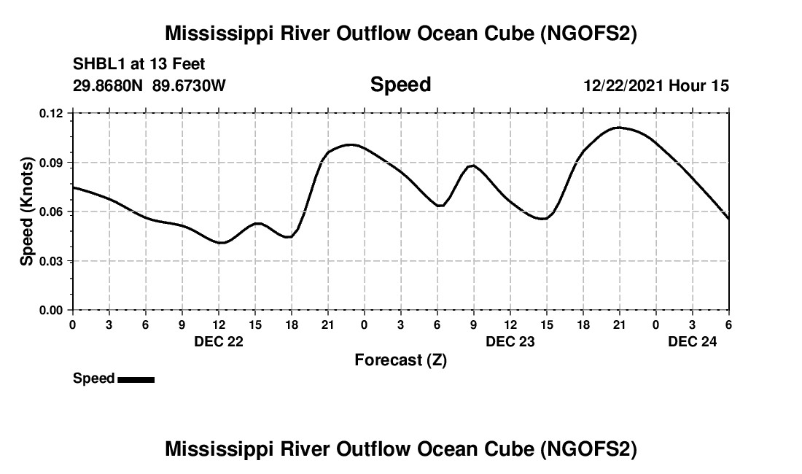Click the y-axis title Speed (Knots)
click(x=26, y=211)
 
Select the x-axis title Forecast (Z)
click(x=400, y=360)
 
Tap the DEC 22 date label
click(x=219, y=341)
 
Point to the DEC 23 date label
click(x=510, y=341)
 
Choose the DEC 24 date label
click(x=693, y=341)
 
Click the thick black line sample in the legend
click(x=136, y=379)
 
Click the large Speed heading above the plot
click(x=400, y=85)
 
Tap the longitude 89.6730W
click(x=189, y=85)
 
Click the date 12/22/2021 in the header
click(x=623, y=85)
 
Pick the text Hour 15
click(x=698, y=85)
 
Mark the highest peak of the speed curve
click(x=619, y=128)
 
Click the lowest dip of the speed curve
click(x=222, y=243)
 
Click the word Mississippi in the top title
click(x=222, y=34)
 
